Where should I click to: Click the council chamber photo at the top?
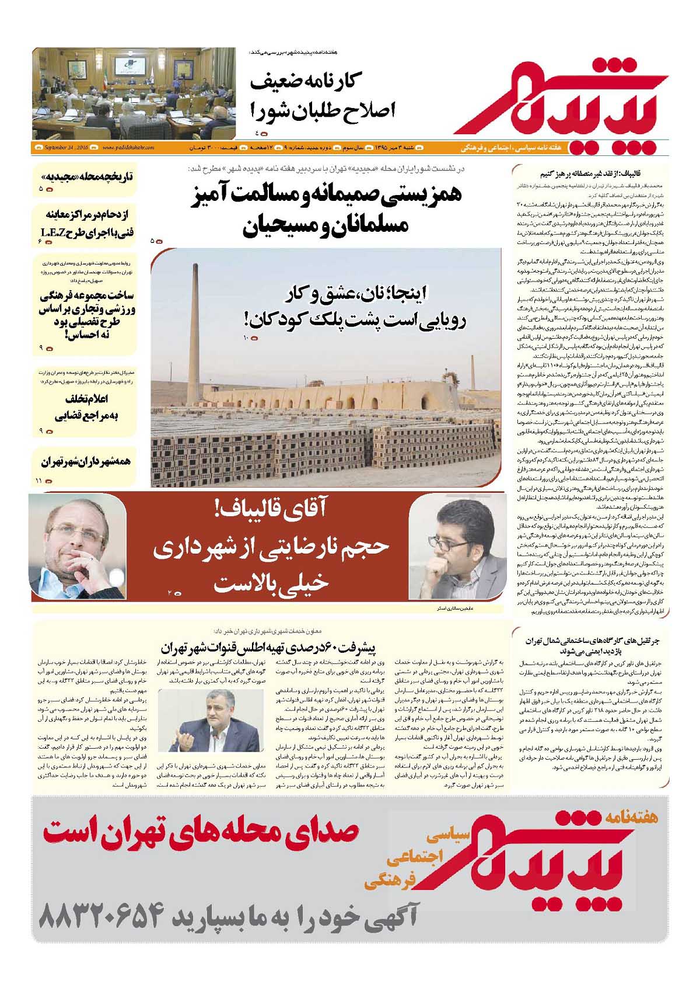(x=134, y=93)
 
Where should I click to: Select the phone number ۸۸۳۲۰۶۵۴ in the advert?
(x=99, y=919)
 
